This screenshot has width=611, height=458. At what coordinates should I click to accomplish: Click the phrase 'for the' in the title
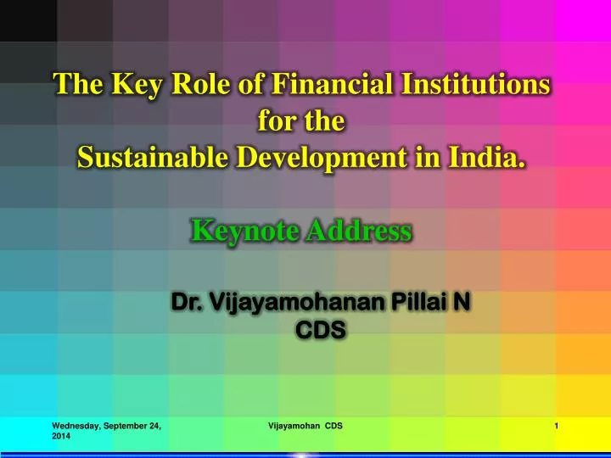[x=300, y=121]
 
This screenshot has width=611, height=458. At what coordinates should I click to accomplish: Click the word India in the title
[x=488, y=157]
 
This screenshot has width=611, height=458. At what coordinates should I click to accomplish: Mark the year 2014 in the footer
[x=62, y=436]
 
